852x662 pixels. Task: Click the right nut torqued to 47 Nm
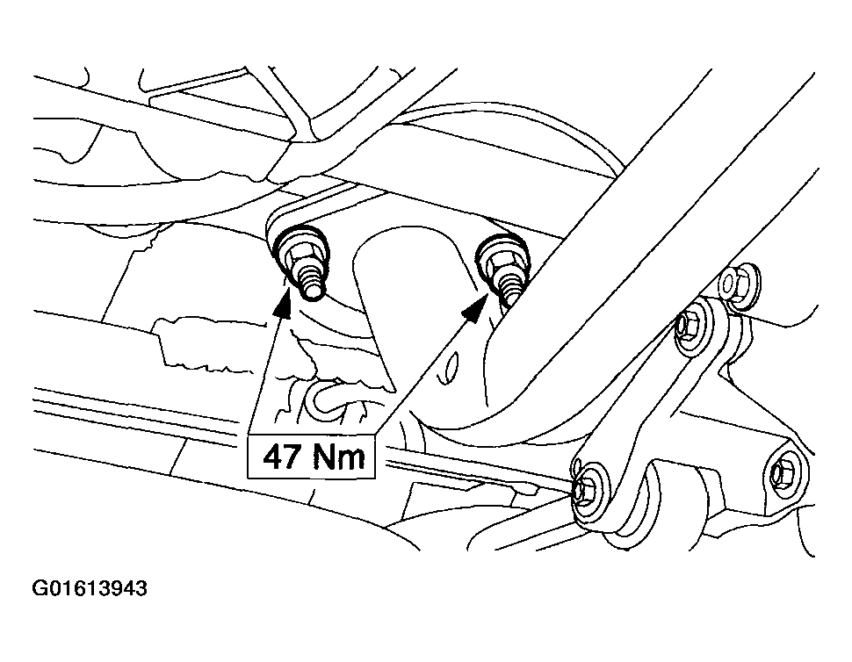498,259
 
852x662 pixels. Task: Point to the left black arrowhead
283,304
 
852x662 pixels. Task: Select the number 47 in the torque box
283,457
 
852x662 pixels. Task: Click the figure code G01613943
90,588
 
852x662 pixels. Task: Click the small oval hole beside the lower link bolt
576,466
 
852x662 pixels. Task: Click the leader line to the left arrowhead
265,370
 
